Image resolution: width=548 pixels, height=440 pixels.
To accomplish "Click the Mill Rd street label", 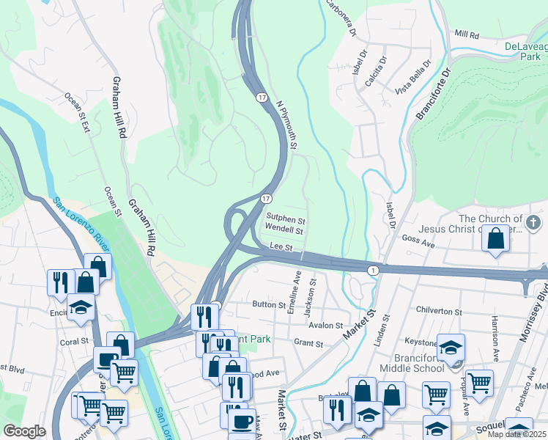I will (x=466, y=34).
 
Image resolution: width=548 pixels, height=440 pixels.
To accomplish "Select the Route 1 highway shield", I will (x=374, y=271).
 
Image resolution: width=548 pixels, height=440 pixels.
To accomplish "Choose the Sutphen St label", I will (x=285, y=219).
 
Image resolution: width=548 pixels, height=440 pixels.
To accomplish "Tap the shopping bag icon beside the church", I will (x=496, y=239).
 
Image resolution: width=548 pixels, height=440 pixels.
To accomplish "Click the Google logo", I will (x=24, y=431).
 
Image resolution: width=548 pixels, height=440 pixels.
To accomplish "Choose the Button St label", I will (x=268, y=304).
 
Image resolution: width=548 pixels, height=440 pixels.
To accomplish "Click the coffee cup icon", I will (x=242, y=421).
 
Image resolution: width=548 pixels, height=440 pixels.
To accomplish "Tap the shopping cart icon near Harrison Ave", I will (x=479, y=382).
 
